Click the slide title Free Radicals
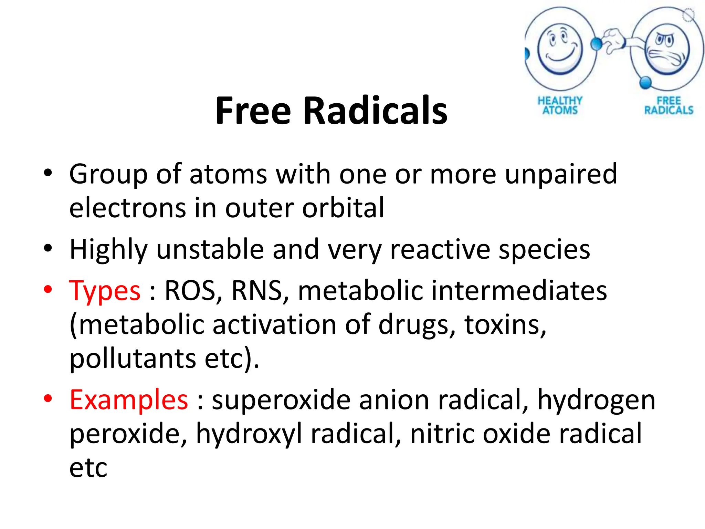331,111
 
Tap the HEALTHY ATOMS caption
560,105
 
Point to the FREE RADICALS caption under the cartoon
669,105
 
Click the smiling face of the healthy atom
560,48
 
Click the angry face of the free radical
667,49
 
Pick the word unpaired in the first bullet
561,174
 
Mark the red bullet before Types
48,289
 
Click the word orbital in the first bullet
343,208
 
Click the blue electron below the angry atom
645,83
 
